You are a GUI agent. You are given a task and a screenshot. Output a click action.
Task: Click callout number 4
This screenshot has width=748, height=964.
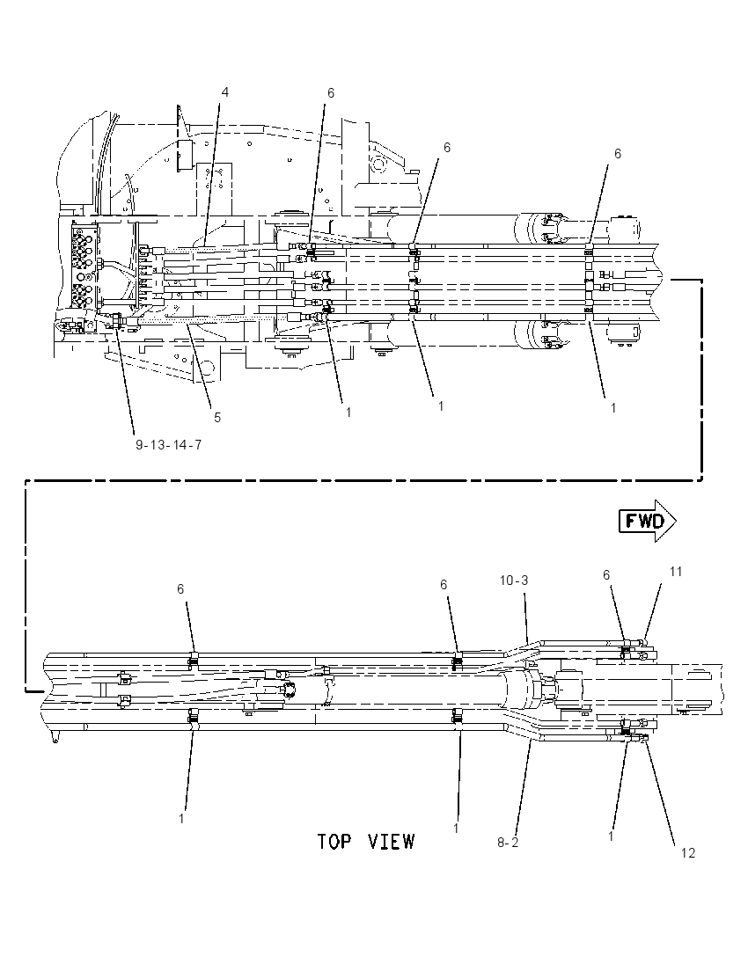pos(225,92)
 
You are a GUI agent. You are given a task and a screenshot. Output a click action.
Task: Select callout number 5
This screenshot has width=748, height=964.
pos(217,418)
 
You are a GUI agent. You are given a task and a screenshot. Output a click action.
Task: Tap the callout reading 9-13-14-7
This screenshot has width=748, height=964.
pos(169,444)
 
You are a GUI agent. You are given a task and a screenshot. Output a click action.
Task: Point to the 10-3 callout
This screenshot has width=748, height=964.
pos(514,581)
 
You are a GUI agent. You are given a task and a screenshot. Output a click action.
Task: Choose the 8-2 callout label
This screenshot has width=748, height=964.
pos(508,843)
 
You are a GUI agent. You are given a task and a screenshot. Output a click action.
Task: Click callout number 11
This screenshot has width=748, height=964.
pos(676,572)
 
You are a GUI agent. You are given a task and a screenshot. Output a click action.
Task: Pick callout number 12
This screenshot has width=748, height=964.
pos(687,852)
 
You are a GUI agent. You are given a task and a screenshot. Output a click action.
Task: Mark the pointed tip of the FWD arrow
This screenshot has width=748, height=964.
pos(677,522)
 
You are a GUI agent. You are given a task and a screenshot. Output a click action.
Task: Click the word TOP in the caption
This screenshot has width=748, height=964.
pos(336,841)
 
